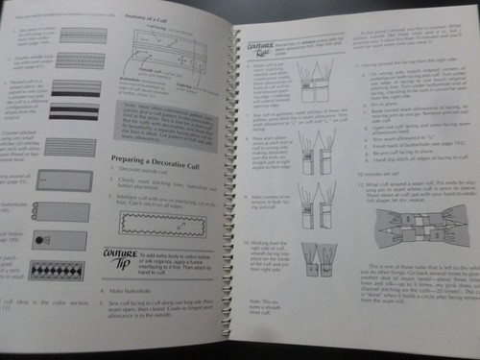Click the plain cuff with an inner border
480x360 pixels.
point(59,182)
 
